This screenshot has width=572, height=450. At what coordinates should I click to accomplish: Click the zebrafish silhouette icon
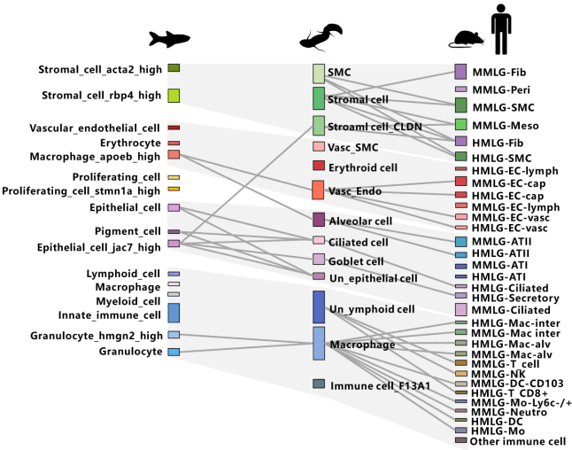pyautogui.click(x=169, y=39)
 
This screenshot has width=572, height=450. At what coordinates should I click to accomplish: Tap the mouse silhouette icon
pyautogui.click(x=467, y=39)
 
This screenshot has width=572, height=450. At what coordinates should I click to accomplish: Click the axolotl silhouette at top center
pyautogui.click(x=321, y=37)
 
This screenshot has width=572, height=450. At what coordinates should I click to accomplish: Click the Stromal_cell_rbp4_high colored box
pyautogui.click(x=174, y=96)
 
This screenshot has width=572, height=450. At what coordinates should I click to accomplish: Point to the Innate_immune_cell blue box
pyautogui.click(x=174, y=313)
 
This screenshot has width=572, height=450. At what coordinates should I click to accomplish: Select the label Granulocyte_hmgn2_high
pyautogui.click(x=97, y=336)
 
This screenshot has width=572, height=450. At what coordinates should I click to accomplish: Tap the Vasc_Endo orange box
pyautogui.click(x=319, y=190)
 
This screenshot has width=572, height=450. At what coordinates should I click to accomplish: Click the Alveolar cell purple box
pyautogui.click(x=319, y=220)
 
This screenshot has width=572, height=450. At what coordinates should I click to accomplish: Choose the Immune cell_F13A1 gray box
pyautogui.click(x=319, y=384)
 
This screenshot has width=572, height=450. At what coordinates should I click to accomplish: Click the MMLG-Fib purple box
pyautogui.click(x=460, y=72)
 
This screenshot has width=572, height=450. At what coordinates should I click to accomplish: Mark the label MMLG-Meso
pyautogui.click(x=506, y=126)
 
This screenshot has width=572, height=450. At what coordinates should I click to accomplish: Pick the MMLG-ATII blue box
pyautogui.click(x=460, y=242)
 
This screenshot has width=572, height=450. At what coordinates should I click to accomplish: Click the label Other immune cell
pyautogui.click(x=518, y=442)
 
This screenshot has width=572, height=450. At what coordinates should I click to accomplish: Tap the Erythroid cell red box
pyautogui.click(x=319, y=166)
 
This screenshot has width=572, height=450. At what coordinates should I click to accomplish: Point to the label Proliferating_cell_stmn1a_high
pyautogui.click(x=81, y=191)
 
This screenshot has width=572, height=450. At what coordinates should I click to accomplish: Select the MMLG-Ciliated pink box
pyautogui.click(x=460, y=309)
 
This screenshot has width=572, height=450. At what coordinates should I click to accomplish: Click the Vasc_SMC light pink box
pyautogui.click(x=319, y=146)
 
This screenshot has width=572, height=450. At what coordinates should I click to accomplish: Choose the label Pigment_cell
pyautogui.click(x=128, y=231)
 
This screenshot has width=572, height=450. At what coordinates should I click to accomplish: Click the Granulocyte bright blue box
pyautogui.click(x=174, y=352)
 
